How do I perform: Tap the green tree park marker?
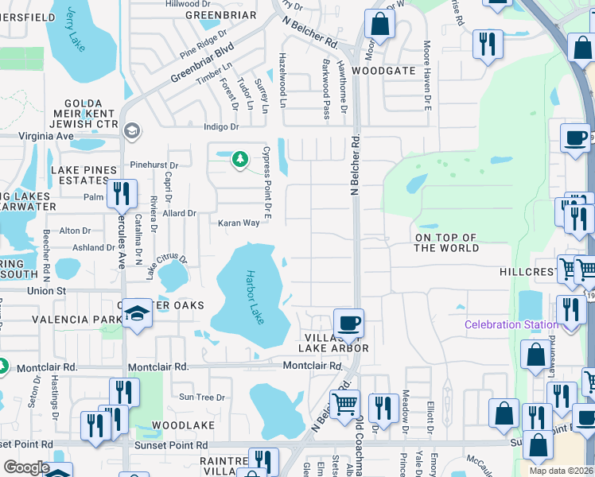pyautogui.click(x=239, y=160)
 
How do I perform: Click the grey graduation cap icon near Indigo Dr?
pyautogui.click(x=131, y=130)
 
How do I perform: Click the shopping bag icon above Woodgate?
pyautogui.click(x=379, y=25)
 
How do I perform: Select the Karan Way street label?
pyautogui.click(x=239, y=223)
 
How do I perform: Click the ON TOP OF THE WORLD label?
pyautogui.click(x=446, y=243)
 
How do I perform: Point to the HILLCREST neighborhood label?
pyautogui.click(x=525, y=272)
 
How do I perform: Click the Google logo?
pyautogui.click(x=26, y=467)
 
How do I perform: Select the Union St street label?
pyautogui.click(x=24, y=291)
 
